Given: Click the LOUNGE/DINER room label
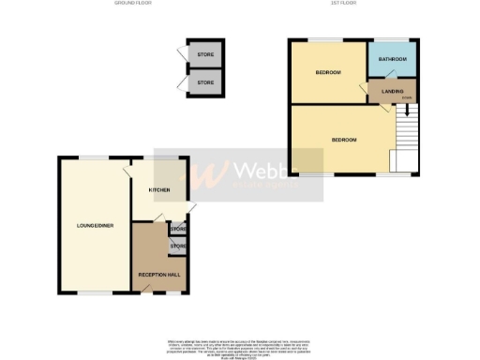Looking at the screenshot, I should click(x=95, y=226).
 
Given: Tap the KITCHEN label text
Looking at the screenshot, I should click(x=159, y=190).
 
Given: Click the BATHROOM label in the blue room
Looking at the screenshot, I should click(x=393, y=59).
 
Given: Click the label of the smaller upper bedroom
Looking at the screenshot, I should click(x=327, y=73).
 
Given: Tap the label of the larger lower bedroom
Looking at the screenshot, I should click(x=344, y=140).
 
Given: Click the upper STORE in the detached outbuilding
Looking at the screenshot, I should click(x=205, y=54).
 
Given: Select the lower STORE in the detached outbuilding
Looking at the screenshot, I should click(x=205, y=82).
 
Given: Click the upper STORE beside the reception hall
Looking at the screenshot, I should click(x=178, y=228).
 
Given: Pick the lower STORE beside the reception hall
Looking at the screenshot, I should click(x=177, y=247).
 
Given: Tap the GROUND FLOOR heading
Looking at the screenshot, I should click(x=132, y=4).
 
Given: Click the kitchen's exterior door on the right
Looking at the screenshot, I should click(x=190, y=208).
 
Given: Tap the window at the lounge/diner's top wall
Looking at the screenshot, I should click(x=90, y=156).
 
